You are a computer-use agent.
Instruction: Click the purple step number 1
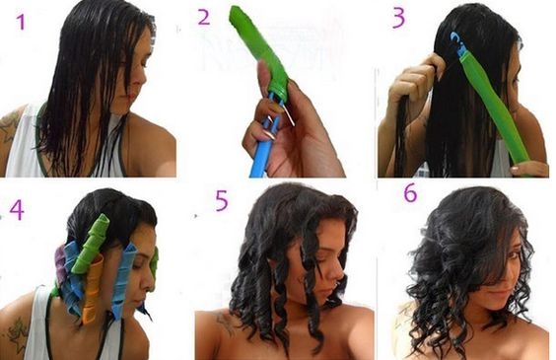21,22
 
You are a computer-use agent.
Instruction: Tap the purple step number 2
203,17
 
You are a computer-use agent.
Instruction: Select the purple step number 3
398,18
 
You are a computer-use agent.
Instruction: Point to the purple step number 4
17,210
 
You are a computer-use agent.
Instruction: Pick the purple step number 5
222,201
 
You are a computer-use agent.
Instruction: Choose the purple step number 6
410,193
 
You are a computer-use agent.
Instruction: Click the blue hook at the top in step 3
457,45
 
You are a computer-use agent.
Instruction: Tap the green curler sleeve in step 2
259,50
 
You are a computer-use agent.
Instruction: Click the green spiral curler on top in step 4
91,244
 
